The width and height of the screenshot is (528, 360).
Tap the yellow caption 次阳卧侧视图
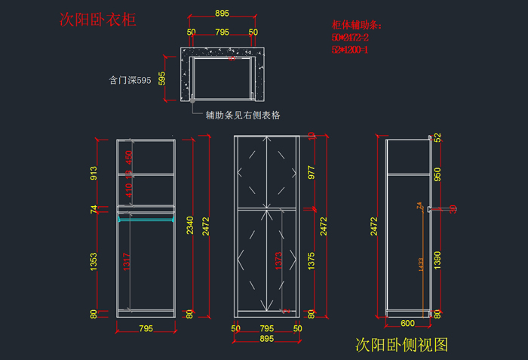pyautogui.click(x=401, y=345)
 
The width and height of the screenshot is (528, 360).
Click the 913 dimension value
pyautogui.click(x=94, y=173)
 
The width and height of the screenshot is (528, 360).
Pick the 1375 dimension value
pyautogui.click(x=311, y=261)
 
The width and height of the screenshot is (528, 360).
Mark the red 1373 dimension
pyautogui.click(x=278, y=260)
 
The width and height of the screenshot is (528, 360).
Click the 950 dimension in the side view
pyautogui.click(x=437, y=174)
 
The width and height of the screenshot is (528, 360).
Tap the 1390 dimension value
pyautogui.click(x=437, y=260)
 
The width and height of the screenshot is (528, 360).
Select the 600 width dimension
pyautogui.click(x=408, y=322)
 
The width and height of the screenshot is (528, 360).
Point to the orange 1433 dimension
pyautogui.click(x=419, y=263)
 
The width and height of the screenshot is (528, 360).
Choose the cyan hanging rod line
pyautogui.click(x=146, y=220)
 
